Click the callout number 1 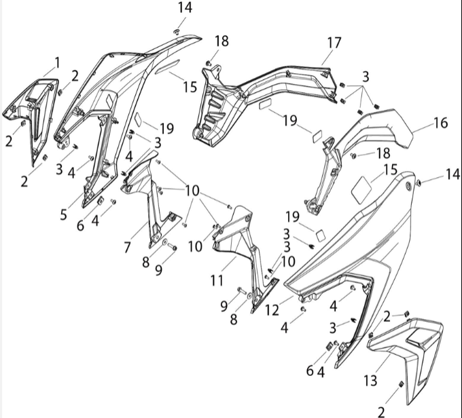(57, 62)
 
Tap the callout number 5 (64, 214)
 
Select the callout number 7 (127, 247)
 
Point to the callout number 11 (217, 280)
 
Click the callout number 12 (272, 310)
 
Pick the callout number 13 (370, 380)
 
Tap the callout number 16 (441, 123)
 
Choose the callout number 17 (334, 43)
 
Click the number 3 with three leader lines (366, 77)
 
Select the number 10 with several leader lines (192, 191)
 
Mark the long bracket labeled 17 (265, 97)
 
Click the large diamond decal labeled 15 (361, 189)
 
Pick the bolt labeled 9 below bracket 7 (172, 247)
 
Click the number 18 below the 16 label (383, 153)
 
